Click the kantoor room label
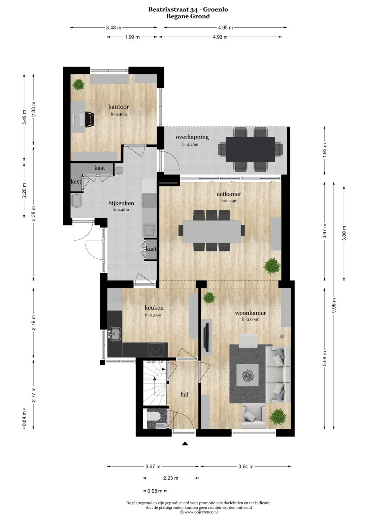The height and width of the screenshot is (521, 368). [x=119, y=107]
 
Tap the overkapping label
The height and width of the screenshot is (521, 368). [x=192, y=137]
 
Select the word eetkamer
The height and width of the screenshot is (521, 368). [x=229, y=194]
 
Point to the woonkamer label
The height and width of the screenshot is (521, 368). [x=250, y=313]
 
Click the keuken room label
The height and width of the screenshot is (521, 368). [x=154, y=308]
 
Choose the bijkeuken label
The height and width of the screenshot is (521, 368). [x=121, y=203]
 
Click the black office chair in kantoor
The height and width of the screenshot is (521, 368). [x=90, y=119]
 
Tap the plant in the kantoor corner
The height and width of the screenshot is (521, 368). [x=78, y=85]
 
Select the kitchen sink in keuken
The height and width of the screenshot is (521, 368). [x=115, y=334]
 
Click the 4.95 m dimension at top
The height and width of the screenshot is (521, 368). [x=225, y=28]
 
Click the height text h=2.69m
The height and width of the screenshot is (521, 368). [x=250, y=319]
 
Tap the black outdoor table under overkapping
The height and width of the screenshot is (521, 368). [x=250, y=149]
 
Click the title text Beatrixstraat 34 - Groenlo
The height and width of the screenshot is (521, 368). [x=188, y=10]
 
